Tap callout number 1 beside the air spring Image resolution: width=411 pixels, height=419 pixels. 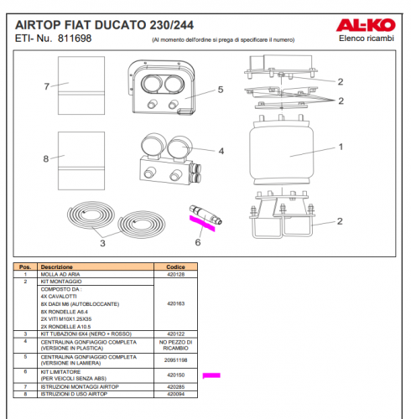tap(341, 147)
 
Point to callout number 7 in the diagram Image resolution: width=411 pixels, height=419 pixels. tap(49, 85)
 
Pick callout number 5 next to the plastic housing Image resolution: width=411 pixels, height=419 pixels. tap(219, 89)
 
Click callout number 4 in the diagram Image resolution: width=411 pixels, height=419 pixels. tap(221, 152)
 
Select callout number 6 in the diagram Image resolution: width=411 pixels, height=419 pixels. tap(198, 243)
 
